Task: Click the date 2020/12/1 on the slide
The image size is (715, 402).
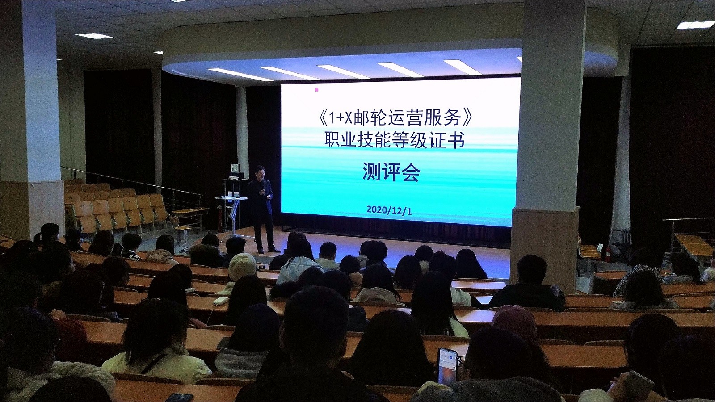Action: click(x=389, y=210)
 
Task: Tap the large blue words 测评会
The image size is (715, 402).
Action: click(x=391, y=172)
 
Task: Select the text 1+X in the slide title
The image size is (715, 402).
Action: click(x=341, y=119)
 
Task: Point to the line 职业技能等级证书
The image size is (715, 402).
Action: click(x=395, y=141)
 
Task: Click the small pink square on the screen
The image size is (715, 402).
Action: click(x=316, y=90)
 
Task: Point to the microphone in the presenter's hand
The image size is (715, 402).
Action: click(x=262, y=191)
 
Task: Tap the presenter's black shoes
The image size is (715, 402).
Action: click(x=268, y=251)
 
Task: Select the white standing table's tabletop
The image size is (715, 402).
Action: click(x=231, y=198)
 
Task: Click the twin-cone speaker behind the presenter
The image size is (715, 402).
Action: click(x=235, y=168)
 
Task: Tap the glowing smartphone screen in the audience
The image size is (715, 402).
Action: click(x=447, y=366)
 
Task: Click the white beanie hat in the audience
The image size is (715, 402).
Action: click(x=242, y=266)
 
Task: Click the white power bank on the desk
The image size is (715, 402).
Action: click(x=221, y=300)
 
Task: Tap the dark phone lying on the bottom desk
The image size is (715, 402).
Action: click(x=179, y=398)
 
